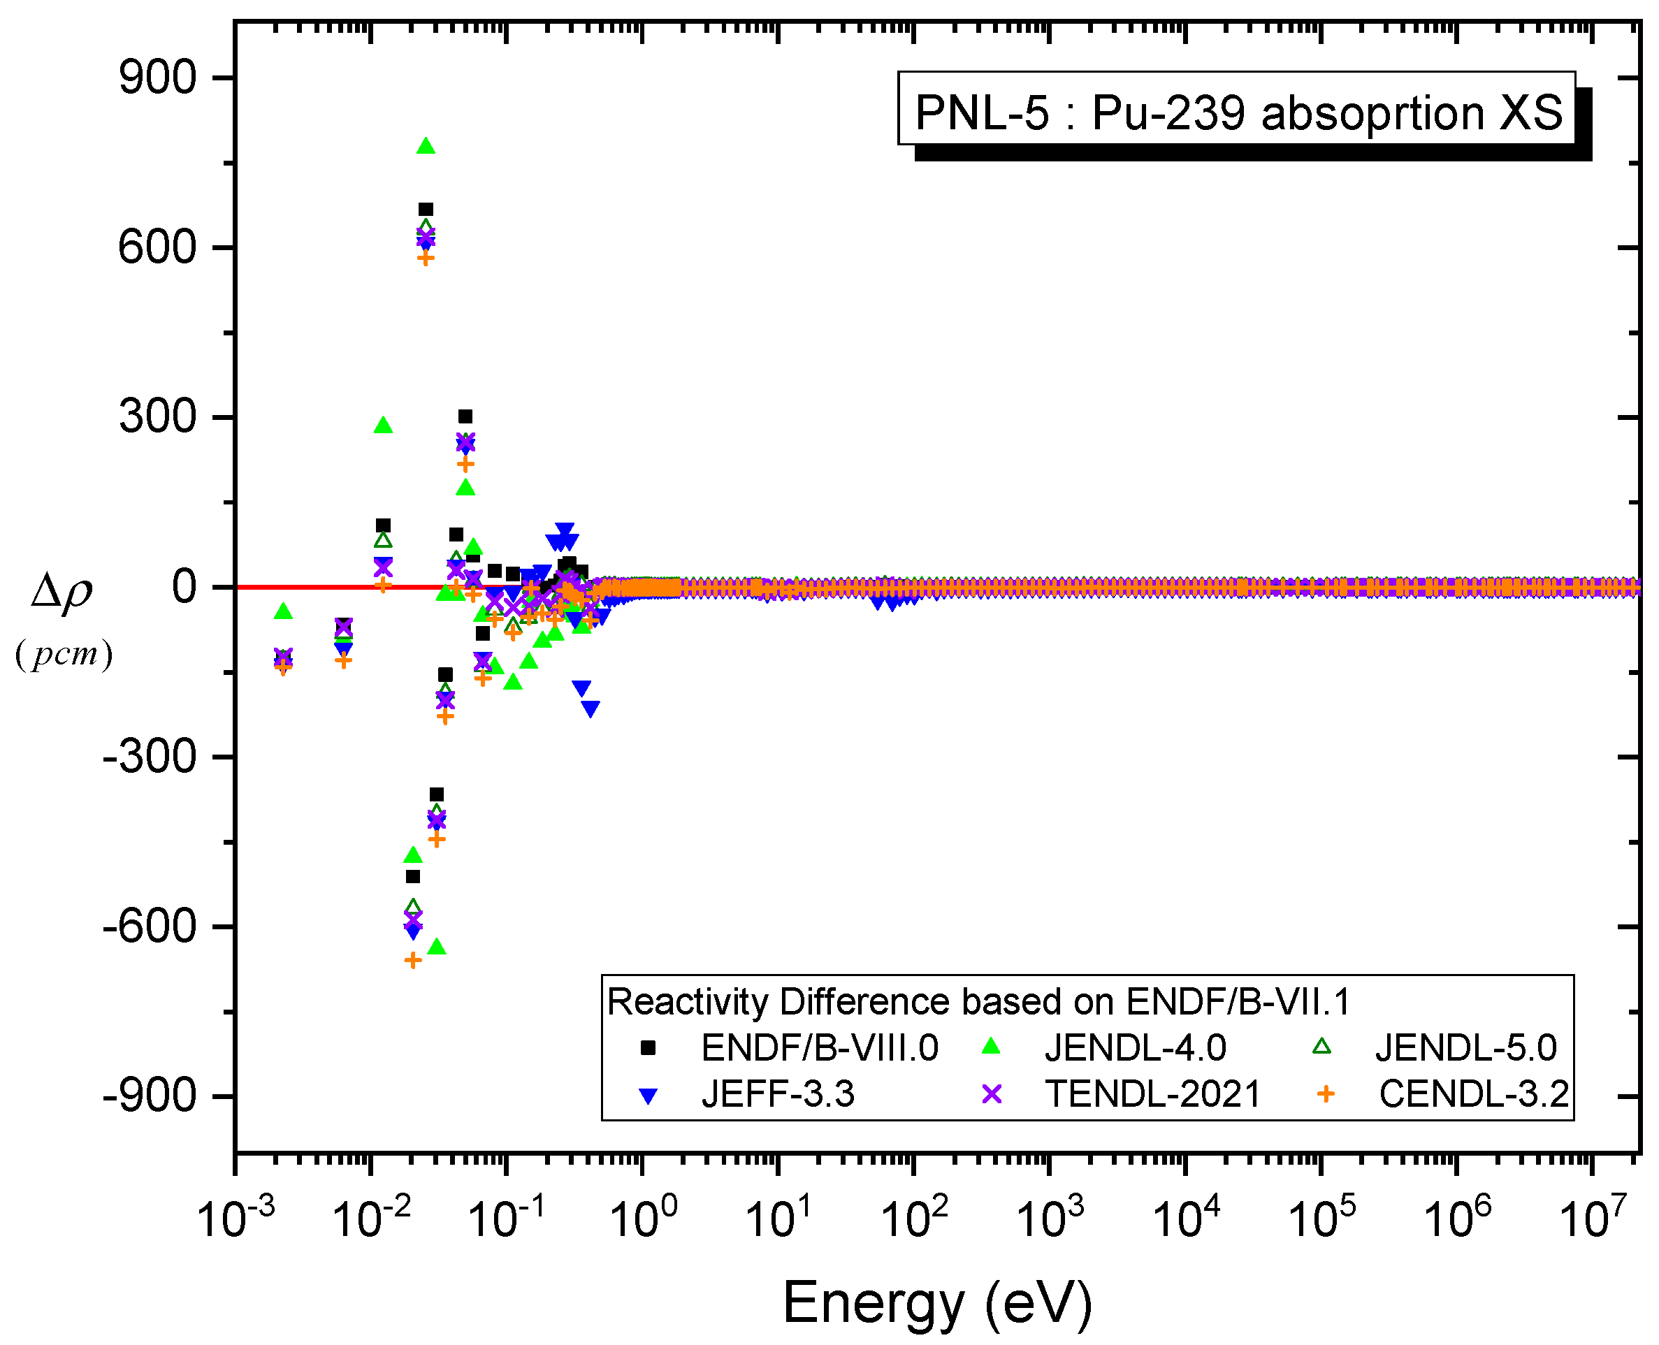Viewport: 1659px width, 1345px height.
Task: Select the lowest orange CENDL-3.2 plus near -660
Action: [x=413, y=961]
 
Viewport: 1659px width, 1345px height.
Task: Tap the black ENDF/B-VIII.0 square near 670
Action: [x=426, y=209]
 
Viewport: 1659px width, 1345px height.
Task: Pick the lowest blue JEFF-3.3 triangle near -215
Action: [x=591, y=708]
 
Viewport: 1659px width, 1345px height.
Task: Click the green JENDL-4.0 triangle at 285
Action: [x=383, y=426]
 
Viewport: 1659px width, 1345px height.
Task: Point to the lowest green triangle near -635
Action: [x=437, y=947]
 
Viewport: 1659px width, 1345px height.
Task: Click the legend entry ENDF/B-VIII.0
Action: [x=819, y=1048]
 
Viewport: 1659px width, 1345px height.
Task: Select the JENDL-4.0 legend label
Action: [x=1135, y=1048]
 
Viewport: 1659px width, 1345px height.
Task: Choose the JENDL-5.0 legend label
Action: [x=1465, y=1048]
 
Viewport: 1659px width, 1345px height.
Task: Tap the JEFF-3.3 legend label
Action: [x=778, y=1094]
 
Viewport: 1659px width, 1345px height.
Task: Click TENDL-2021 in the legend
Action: [x=1153, y=1094]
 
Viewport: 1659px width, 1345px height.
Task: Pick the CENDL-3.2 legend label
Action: [x=1474, y=1094]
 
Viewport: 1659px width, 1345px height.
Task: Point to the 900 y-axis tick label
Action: [x=157, y=78]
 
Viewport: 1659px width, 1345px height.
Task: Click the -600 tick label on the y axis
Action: [x=150, y=926]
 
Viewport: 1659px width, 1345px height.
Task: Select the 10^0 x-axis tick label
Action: [x=643, y=1219]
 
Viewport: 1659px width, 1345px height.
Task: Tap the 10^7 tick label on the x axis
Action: [x=1593, y=1219]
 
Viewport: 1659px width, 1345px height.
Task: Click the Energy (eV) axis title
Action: [x=938, y=1302]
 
